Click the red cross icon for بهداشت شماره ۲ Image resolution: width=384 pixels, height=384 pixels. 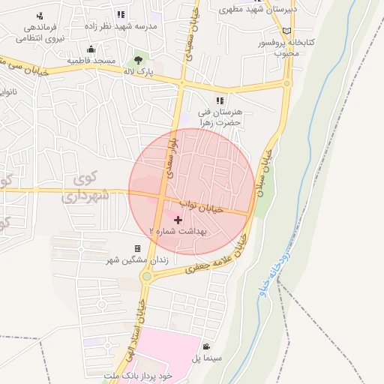178,220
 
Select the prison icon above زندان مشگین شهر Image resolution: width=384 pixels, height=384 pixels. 137,248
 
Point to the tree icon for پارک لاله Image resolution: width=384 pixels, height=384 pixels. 137,59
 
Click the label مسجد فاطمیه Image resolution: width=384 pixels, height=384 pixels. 91,60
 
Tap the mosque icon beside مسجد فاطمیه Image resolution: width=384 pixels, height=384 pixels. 91,49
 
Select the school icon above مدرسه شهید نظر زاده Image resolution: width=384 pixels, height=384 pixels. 121,14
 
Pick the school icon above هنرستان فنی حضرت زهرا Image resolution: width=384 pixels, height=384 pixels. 220,100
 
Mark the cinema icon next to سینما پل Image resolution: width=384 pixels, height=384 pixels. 206,347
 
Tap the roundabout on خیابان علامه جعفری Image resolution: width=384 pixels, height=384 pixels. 147,277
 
